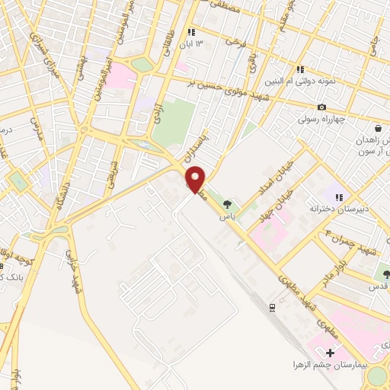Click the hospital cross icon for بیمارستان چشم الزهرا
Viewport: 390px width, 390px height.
tap(330, 353)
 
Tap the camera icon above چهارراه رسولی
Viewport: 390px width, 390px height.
tap(322, 107)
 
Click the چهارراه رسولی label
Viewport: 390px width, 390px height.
tap(324, 119)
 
